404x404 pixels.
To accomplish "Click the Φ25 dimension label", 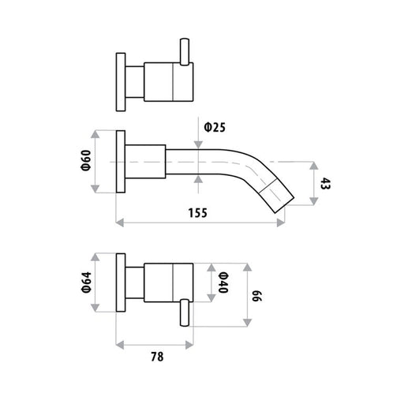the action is pyautogui.click(x=215, y=128).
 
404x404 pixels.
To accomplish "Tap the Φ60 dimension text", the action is pyautogui.click(x=87, y=160).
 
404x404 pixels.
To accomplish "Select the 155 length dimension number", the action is pyautogui.click(x=198, y=213).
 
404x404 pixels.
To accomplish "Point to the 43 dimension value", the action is pyautogui.click(x=325, y=183).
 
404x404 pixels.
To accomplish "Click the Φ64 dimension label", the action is pyautogui.click(x=87, y=282).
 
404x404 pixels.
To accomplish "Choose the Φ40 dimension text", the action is pyautogui.click(x=223, y=282).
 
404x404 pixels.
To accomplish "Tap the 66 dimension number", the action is pyautogui.click(x=257, y=296).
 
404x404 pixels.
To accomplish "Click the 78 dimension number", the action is pyautogui.click(x=157, y=357).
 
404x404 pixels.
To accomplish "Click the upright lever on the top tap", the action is pyautogui.click(x=185, y=51).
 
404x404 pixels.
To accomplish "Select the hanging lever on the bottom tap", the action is pyautogui.click(x=185, y=312).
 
